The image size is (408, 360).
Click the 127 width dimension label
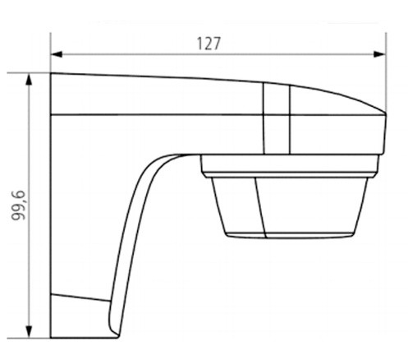click(209, 44)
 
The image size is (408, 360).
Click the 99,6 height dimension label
click(18, 205)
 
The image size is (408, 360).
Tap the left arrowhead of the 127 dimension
click(57, 54)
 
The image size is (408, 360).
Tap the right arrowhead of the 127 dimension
click(379, 54)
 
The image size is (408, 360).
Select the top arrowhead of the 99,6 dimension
click(29, 79)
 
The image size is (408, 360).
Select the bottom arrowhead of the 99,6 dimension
click(29, 332)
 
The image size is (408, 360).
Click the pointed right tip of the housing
click(385, 113)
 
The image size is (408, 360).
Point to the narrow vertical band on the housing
click(277, 118)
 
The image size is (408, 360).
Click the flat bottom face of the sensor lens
click(289, 235)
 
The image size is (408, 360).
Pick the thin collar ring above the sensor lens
click(290, 164)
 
